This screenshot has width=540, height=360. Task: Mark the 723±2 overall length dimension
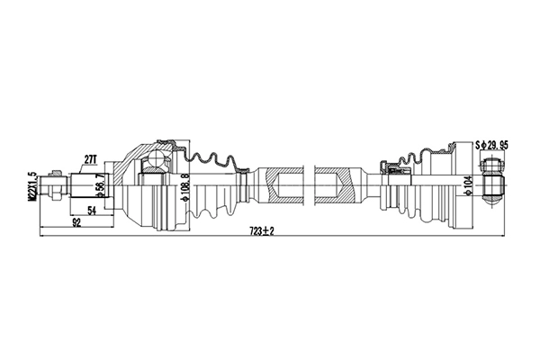pyautogui.click(x=262, y=231)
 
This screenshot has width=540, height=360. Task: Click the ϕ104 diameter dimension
pyautogui.click(x=467, y=187)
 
